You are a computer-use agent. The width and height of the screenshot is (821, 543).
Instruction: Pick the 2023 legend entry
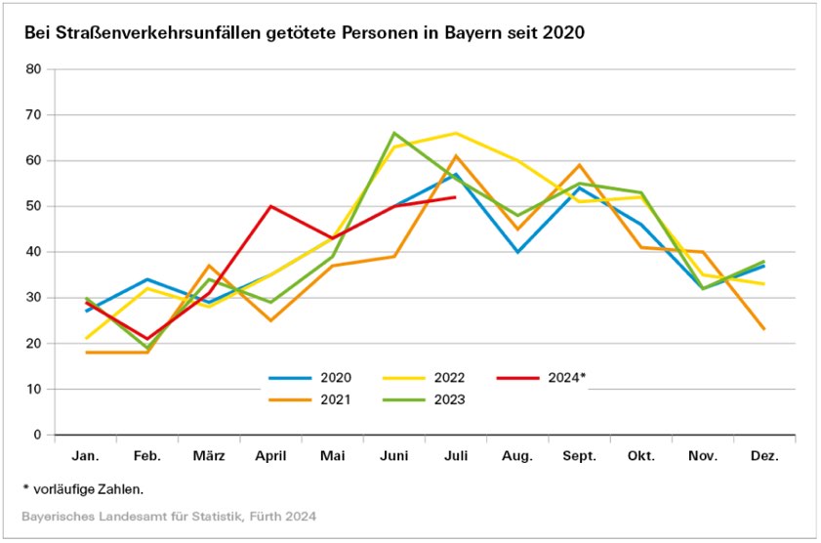tap(450, 398)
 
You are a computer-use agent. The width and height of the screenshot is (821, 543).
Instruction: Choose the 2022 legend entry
tap(450, 377)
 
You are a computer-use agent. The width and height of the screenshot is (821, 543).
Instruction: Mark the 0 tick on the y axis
tap(37, 435)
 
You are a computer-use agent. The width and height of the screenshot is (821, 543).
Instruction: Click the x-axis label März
tap(210, 456)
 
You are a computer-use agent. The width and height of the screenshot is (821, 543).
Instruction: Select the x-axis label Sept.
tap(579, 456)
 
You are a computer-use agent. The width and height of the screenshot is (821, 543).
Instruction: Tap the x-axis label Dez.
tap(763, 456)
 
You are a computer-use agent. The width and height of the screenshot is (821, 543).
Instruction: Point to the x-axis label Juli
tap(455, 456)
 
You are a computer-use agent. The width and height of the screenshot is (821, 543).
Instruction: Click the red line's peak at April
tap(270, 206)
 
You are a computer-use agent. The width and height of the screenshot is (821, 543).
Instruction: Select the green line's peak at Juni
tap(393, 133)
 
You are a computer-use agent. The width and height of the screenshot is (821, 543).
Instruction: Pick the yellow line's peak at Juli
tap(455, 133)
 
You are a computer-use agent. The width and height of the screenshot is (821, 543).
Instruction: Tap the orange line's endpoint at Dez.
tap(763, 329)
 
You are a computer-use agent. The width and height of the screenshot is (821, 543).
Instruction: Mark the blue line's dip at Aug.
tap(517, 252)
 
